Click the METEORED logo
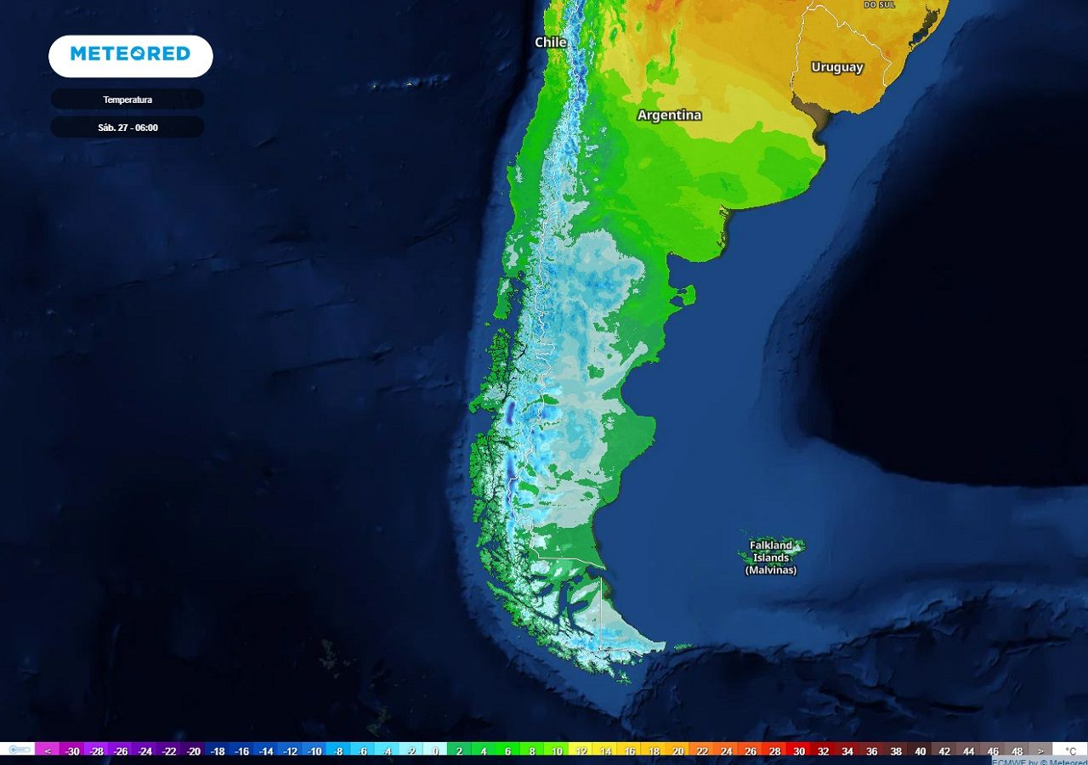(130, 54)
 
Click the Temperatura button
(127, 99)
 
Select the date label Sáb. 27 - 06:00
(127, 127)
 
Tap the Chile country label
(551, 42)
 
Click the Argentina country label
(670, 115)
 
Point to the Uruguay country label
(837, 67)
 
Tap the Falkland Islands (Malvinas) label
(771, 558)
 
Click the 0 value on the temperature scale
(435, 751)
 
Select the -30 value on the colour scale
(72, 751)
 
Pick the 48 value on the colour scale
(1017, 751)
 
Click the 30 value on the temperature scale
(799, 751)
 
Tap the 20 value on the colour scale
(678, 751)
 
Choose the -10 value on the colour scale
(314, 751)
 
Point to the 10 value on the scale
(557, 751)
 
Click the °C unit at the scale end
(1071, 751)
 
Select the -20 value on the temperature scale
(194, 751)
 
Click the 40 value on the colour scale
(920, 751)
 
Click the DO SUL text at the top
(880, 4)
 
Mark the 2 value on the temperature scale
(460, 751)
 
